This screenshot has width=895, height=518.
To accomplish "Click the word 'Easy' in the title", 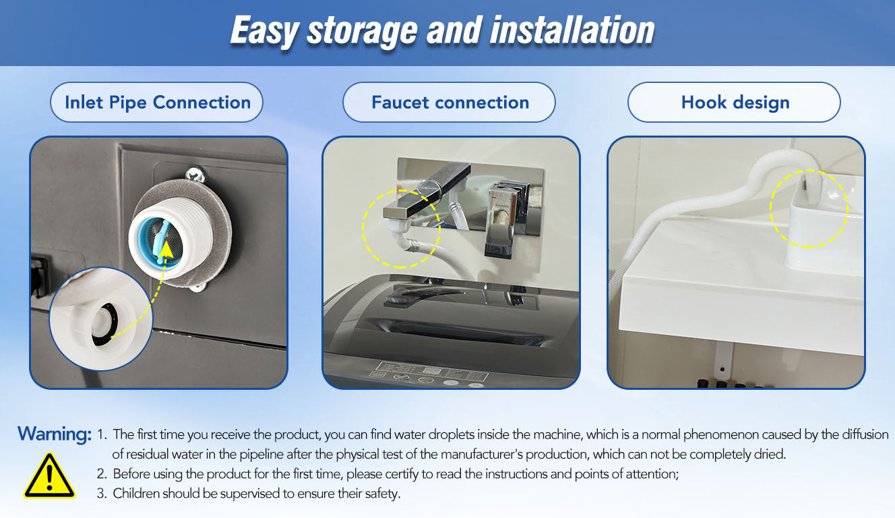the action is [x=264, y=32].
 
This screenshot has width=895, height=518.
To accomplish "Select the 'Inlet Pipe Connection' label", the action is [x=158, y=103].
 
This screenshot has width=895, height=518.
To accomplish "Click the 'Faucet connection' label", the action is [x=450, y=103].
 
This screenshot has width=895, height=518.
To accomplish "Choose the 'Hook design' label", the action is [x=735, y=103].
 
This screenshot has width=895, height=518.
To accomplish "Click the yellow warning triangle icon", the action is [x=49, y=476].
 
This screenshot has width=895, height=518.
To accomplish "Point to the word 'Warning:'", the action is [x=55, y=434].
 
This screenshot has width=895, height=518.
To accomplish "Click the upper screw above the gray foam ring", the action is [x=195, y=174].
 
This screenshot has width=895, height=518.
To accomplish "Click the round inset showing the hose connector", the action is [x=101, y=319].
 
